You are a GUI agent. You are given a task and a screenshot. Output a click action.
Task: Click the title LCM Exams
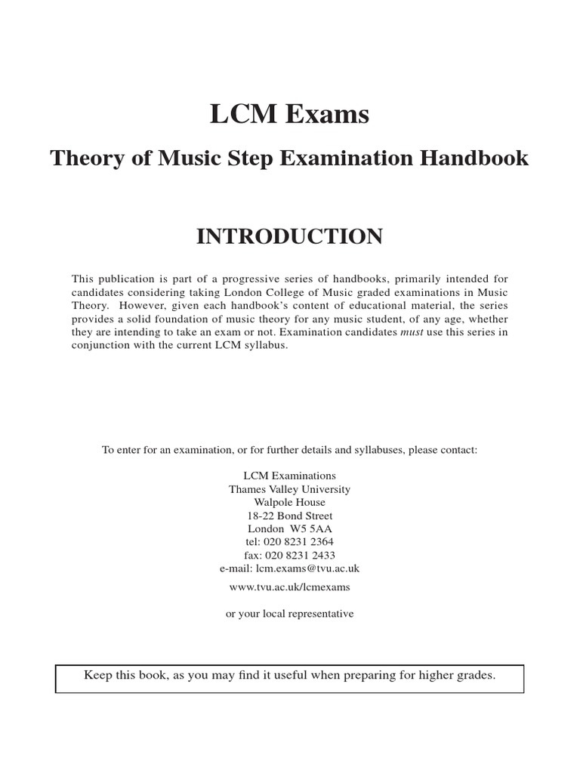tap(289, 115)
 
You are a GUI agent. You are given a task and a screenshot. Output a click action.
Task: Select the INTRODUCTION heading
tap(289, 236)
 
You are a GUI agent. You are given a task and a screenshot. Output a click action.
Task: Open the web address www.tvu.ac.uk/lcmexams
tap(290, 586)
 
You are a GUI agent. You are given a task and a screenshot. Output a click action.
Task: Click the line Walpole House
tap(290, 502)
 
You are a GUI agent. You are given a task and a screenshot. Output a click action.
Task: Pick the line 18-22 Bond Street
tap(290, 516)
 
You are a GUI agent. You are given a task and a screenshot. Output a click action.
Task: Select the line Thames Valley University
tap(290, 489)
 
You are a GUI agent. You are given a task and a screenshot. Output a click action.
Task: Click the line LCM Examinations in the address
tap(290, 476)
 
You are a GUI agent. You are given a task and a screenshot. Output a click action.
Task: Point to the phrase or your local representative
tap(290, 614)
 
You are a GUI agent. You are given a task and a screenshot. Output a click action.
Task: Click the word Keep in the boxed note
tap(98, 675)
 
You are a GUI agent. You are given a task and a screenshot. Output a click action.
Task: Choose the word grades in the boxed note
tap(474, 675)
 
